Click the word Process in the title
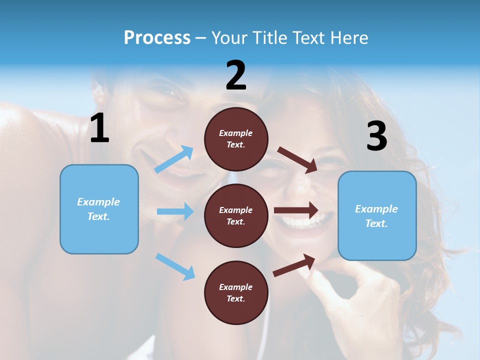157,38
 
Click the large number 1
99,128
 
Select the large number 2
236,76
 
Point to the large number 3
376,136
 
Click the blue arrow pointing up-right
174,159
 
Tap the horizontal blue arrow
175,211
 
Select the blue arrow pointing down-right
175,266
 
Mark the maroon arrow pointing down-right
297,159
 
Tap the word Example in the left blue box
98,202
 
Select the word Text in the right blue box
376,223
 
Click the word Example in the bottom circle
236,287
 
